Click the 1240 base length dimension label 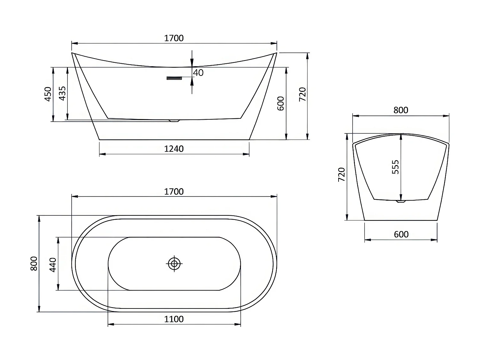click(174, 149)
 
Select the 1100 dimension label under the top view click(174, 319)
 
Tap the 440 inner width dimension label click(53, 265)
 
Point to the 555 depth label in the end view click(396, 167)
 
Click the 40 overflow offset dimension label click(198, 73)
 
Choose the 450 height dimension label click(48, 94)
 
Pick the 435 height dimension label click(62, 93)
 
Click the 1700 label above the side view click(174, 38)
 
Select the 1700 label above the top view click(174, 192)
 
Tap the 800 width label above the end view click(401, 110)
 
